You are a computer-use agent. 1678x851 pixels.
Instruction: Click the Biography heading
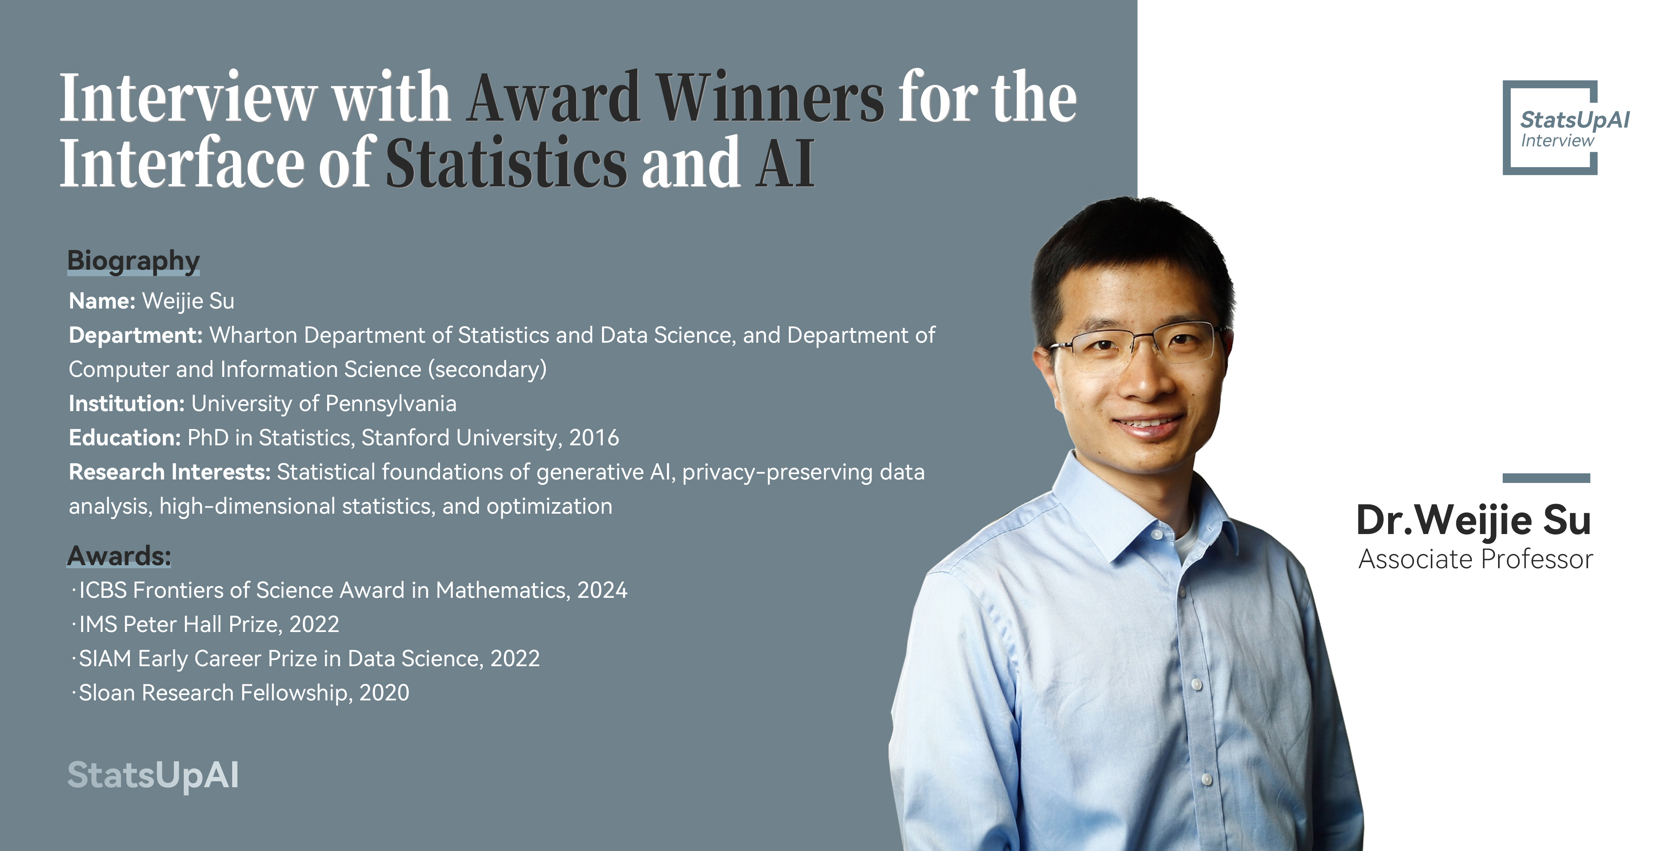133,261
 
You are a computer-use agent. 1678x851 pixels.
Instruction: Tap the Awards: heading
119,556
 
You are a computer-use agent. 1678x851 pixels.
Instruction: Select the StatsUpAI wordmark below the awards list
153,775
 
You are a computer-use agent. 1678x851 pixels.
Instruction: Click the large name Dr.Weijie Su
1473,520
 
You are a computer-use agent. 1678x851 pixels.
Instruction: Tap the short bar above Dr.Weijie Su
1546,478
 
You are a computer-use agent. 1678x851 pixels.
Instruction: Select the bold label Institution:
127,404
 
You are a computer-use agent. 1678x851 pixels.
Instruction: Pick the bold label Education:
125,438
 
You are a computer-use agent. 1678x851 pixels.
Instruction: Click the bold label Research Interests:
170,472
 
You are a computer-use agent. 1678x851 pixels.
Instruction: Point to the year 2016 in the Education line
594,438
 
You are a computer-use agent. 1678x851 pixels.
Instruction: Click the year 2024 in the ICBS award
602,590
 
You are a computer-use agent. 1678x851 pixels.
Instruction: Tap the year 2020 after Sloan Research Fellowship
384,693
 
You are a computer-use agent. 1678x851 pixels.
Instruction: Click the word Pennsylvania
391,404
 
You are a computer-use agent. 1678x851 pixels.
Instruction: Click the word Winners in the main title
770,98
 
